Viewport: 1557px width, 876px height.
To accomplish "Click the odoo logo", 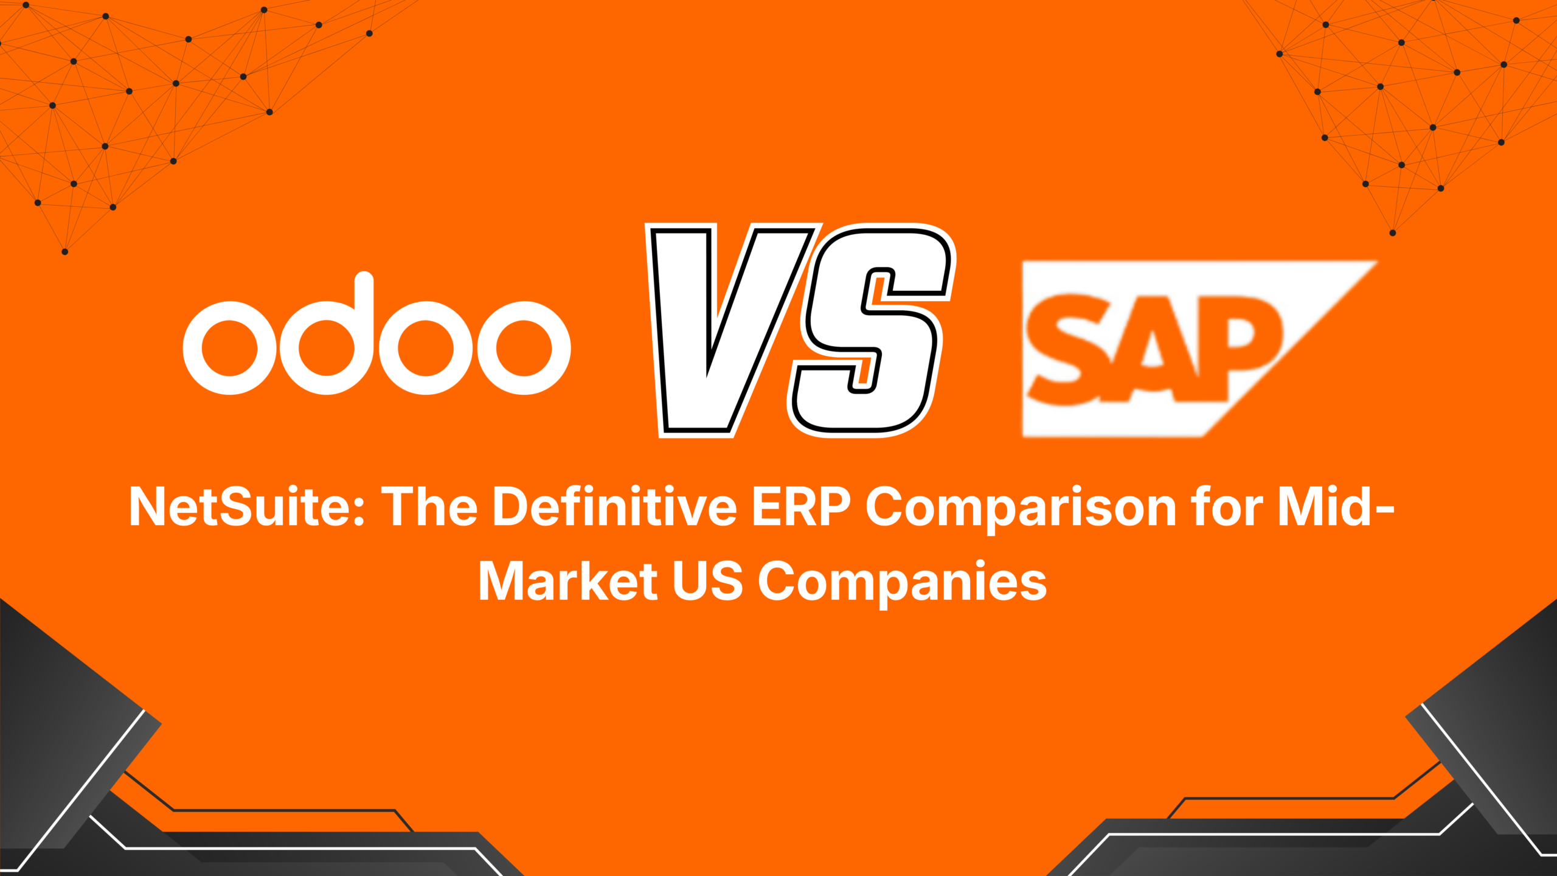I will [376, 341].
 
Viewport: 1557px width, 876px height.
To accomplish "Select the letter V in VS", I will [724, 328].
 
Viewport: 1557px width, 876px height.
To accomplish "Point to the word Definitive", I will [614, 506].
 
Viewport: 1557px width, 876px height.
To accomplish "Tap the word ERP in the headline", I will [801, 506].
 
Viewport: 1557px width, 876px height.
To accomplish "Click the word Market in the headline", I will [568, 581].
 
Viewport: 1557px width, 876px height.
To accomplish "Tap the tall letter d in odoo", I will [328, 341].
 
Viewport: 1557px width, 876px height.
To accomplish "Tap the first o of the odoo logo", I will [230, 348].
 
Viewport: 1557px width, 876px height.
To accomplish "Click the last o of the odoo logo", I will [524, 348].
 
